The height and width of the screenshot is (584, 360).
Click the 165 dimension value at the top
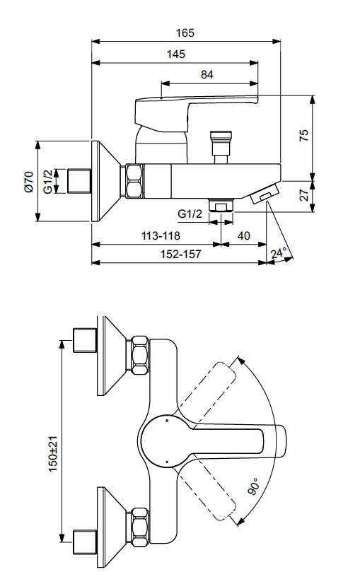point(185,33)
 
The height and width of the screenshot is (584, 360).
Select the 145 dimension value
point(176,54)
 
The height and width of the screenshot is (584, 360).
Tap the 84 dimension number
point(207,75)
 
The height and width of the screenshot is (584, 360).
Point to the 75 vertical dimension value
point(304,135)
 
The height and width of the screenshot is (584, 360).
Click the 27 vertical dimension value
point(304,194)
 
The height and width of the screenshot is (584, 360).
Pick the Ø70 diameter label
point(29,182)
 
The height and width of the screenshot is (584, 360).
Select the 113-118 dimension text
point(161,235)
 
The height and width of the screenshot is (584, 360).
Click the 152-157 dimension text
point(181,254)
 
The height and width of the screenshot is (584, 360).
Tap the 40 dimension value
point(244,235)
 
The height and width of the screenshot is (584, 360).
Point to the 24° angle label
point(279,253)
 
